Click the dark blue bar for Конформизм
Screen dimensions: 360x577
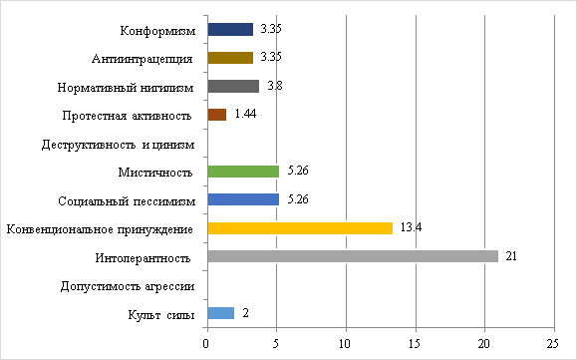click(230, 29)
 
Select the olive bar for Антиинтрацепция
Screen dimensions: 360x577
click(230, 58)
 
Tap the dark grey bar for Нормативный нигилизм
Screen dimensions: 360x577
click(233, 86)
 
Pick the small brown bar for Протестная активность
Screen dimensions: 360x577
click(217, 115)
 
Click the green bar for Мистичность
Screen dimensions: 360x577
click(243, 172)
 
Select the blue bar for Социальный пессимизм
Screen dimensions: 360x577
click(243, 199)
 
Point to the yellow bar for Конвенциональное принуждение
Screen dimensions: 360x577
click(300, 228)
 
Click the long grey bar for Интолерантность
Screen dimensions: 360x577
click(353, 256)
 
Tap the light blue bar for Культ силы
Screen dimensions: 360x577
click(220, 313)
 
